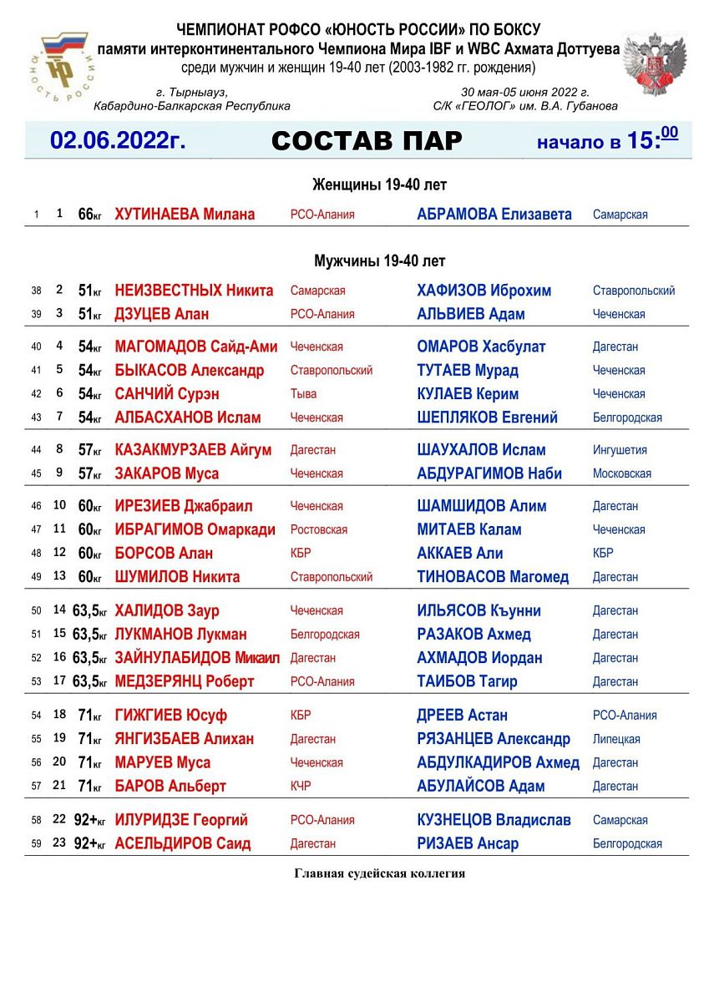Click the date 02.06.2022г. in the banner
click(117, 140)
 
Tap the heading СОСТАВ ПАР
click(367, 141)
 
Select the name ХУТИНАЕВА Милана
click(185, 215)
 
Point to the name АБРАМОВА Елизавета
click(494, 215)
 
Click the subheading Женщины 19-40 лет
click(380, 185)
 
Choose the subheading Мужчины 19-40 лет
click(380, 261)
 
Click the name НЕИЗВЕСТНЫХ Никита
click(194, 291)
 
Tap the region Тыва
click(304, 394)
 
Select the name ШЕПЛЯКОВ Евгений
click(487, 417)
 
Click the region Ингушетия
click(620, 450)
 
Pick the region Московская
click(621, 473)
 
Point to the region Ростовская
click(317, 529)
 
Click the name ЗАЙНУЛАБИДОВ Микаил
click(197, 658)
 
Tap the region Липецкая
click(616, 739)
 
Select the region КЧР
click(301, 786)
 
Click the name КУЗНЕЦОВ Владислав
click(494, 820)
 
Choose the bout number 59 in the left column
click(36, 843)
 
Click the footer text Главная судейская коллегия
click(380, 873)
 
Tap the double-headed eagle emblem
click(654, 66)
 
